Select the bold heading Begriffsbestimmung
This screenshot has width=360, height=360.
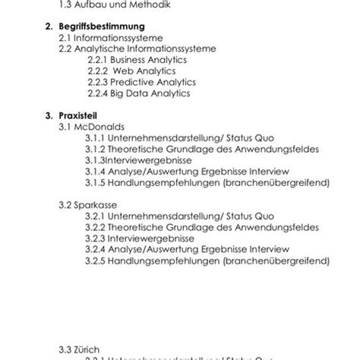109,25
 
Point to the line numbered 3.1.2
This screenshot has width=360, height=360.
201,149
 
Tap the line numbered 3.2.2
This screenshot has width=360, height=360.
201,228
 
